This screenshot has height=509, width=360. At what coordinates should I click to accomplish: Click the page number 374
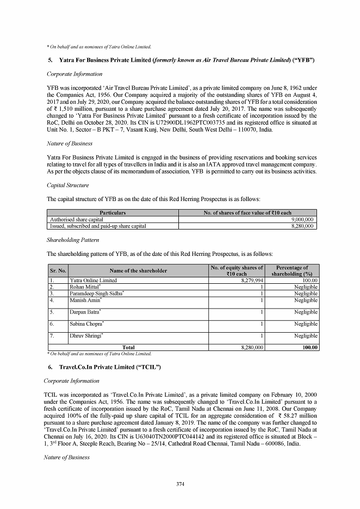pyautogui.click(x=180, y=484)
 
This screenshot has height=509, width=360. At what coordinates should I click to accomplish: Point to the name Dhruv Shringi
pyautogui.click(x=86, y=336)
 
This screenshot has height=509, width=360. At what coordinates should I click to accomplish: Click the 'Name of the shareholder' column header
pyautogui.click(x=138, y=270)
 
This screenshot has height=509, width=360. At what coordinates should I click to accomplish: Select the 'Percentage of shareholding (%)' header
pyautogui.click(x=292, y=270)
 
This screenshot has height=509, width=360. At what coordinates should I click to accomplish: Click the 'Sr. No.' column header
pyautogui.click(x=57, y=270)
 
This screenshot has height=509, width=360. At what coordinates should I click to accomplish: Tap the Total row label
pyautogui.click(x=128, y=348)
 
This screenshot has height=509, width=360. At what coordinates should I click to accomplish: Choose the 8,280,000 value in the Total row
pyautogui.click(x=251, y=348)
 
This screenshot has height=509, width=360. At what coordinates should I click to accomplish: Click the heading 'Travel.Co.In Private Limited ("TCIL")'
pyautogui.click(x=110, y=367)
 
